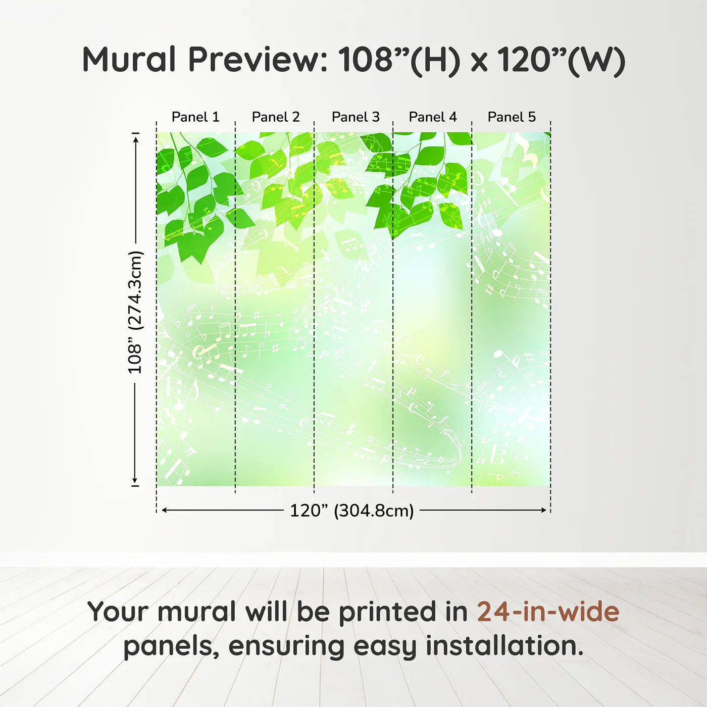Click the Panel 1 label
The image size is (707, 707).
(x=195, y=117)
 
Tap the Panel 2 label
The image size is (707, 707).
(x=276, y=117)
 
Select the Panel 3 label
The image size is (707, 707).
(x=356, y=117)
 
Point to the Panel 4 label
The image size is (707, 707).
(x=433, y=117)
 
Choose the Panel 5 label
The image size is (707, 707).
(x=512, y=117)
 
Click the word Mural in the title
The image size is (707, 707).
(x=129, y=59)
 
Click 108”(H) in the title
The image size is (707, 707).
(x=398, y=61)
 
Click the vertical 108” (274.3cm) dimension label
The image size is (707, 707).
(x=135, y=313)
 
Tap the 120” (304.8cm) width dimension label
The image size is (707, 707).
(x=352, y=511)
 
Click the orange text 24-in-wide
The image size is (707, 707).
(x=548, y=612)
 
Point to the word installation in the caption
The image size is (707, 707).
(x=504, y=646)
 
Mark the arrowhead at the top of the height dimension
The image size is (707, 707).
(x=136, y=140)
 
